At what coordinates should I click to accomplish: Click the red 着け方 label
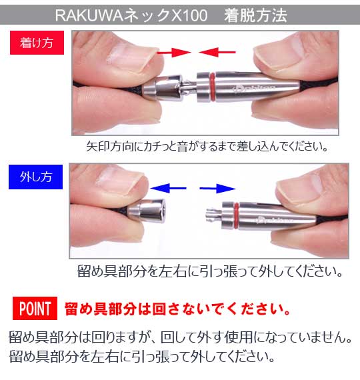tap(36, 44)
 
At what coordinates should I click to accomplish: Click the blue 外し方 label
tap(36, 178)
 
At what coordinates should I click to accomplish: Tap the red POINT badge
tap(35, 309)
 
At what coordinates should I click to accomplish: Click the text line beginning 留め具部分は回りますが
tap(180, 337)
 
